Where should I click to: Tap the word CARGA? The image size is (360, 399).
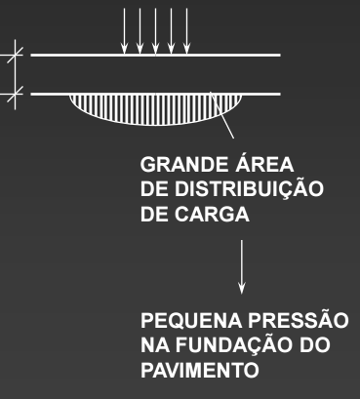[x=209, y=214]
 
